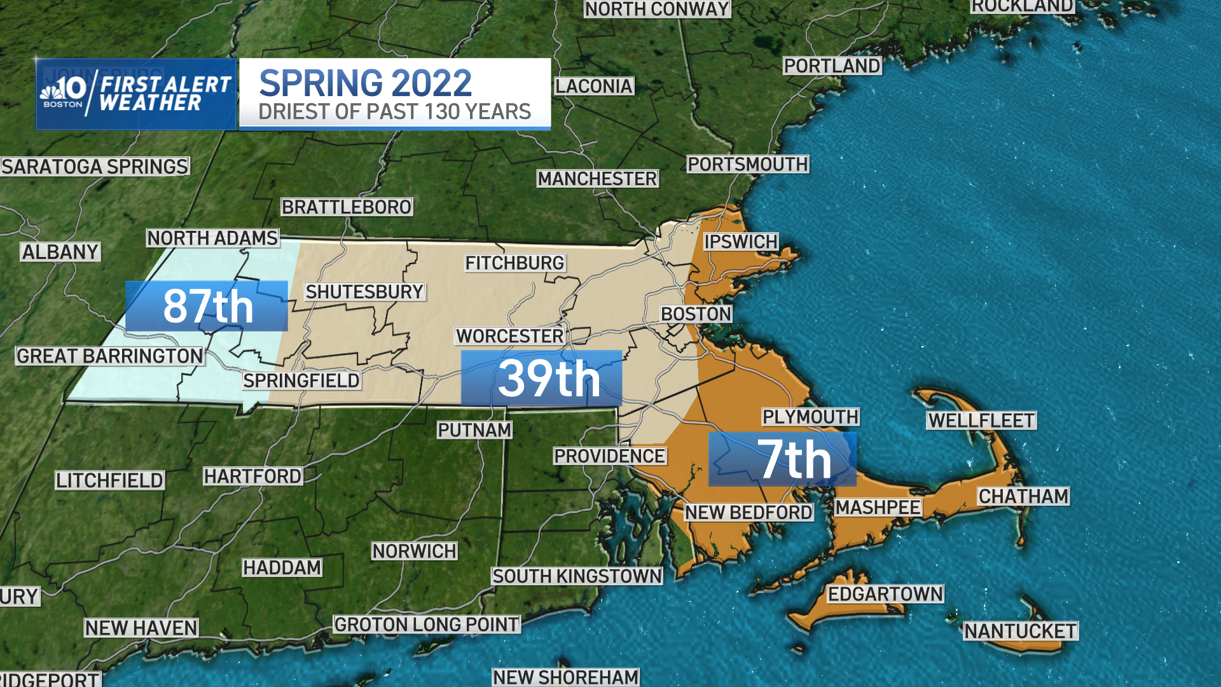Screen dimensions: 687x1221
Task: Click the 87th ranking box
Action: (x=207, y=306)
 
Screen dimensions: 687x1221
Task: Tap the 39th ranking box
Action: (x=541, y=378)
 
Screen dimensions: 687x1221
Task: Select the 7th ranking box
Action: (x=782, y=459)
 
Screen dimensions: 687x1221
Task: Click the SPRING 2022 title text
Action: (x=365, y=83)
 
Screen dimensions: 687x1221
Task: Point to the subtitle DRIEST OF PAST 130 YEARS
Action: (x=394, y=112)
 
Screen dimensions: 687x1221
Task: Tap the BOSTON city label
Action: (x=696, y=314)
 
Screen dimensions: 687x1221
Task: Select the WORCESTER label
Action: (x=510, y=336)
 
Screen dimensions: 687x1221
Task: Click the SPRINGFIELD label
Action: (x=301, y=380)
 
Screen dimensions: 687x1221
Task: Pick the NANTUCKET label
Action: (x=1020, y=631)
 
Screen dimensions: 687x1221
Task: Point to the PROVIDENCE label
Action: (x=609, y=456)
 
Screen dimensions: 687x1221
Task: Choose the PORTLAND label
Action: (x=832, y=66)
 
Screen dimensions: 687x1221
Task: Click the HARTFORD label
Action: (x=252, y=476)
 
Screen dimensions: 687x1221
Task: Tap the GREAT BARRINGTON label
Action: (x=110, y=356)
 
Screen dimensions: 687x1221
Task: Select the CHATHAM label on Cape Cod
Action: (x=1023, y=496)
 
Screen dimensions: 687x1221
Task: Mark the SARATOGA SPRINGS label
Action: (x=95, y=167)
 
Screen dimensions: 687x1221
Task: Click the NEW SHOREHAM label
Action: (x=565, y=677)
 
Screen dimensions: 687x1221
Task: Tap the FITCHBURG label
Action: (x=514, y=263)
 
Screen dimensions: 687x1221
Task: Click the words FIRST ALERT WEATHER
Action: (x=165, y=94)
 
